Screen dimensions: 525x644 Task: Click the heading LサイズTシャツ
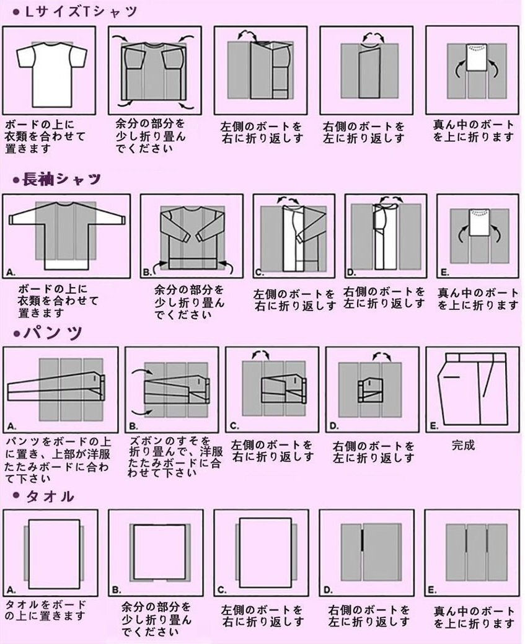[81, 12]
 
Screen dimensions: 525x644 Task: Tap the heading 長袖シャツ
[61, 179]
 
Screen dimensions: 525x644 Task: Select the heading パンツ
[53, 332]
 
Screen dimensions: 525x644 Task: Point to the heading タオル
[50, 496]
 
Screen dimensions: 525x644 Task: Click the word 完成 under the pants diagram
[463, 445]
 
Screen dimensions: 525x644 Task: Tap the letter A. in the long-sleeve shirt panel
[11, 271]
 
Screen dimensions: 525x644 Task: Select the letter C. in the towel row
[223, 590]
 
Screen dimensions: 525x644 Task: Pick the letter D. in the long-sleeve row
[351, 272]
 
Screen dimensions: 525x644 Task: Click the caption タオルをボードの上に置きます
[46, 610]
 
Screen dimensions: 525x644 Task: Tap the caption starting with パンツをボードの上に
[58, 460]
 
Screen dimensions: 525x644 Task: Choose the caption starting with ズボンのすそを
[175, 457]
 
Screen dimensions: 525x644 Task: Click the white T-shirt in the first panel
[51, 74]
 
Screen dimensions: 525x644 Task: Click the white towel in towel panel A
[54, 550]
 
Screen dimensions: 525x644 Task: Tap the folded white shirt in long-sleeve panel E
[478, 222]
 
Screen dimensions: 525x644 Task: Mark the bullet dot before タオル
[17, 495]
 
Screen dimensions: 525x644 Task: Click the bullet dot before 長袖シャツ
[17, 180]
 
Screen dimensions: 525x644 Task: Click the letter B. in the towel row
[117, 590]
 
